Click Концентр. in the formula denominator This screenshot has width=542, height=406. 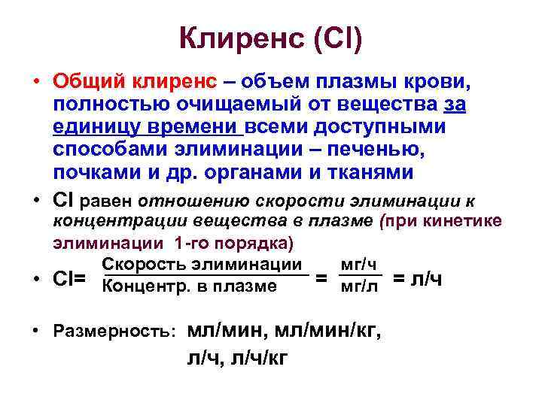[x=144, y=286]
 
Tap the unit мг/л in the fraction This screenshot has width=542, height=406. [x=359, y=286]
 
